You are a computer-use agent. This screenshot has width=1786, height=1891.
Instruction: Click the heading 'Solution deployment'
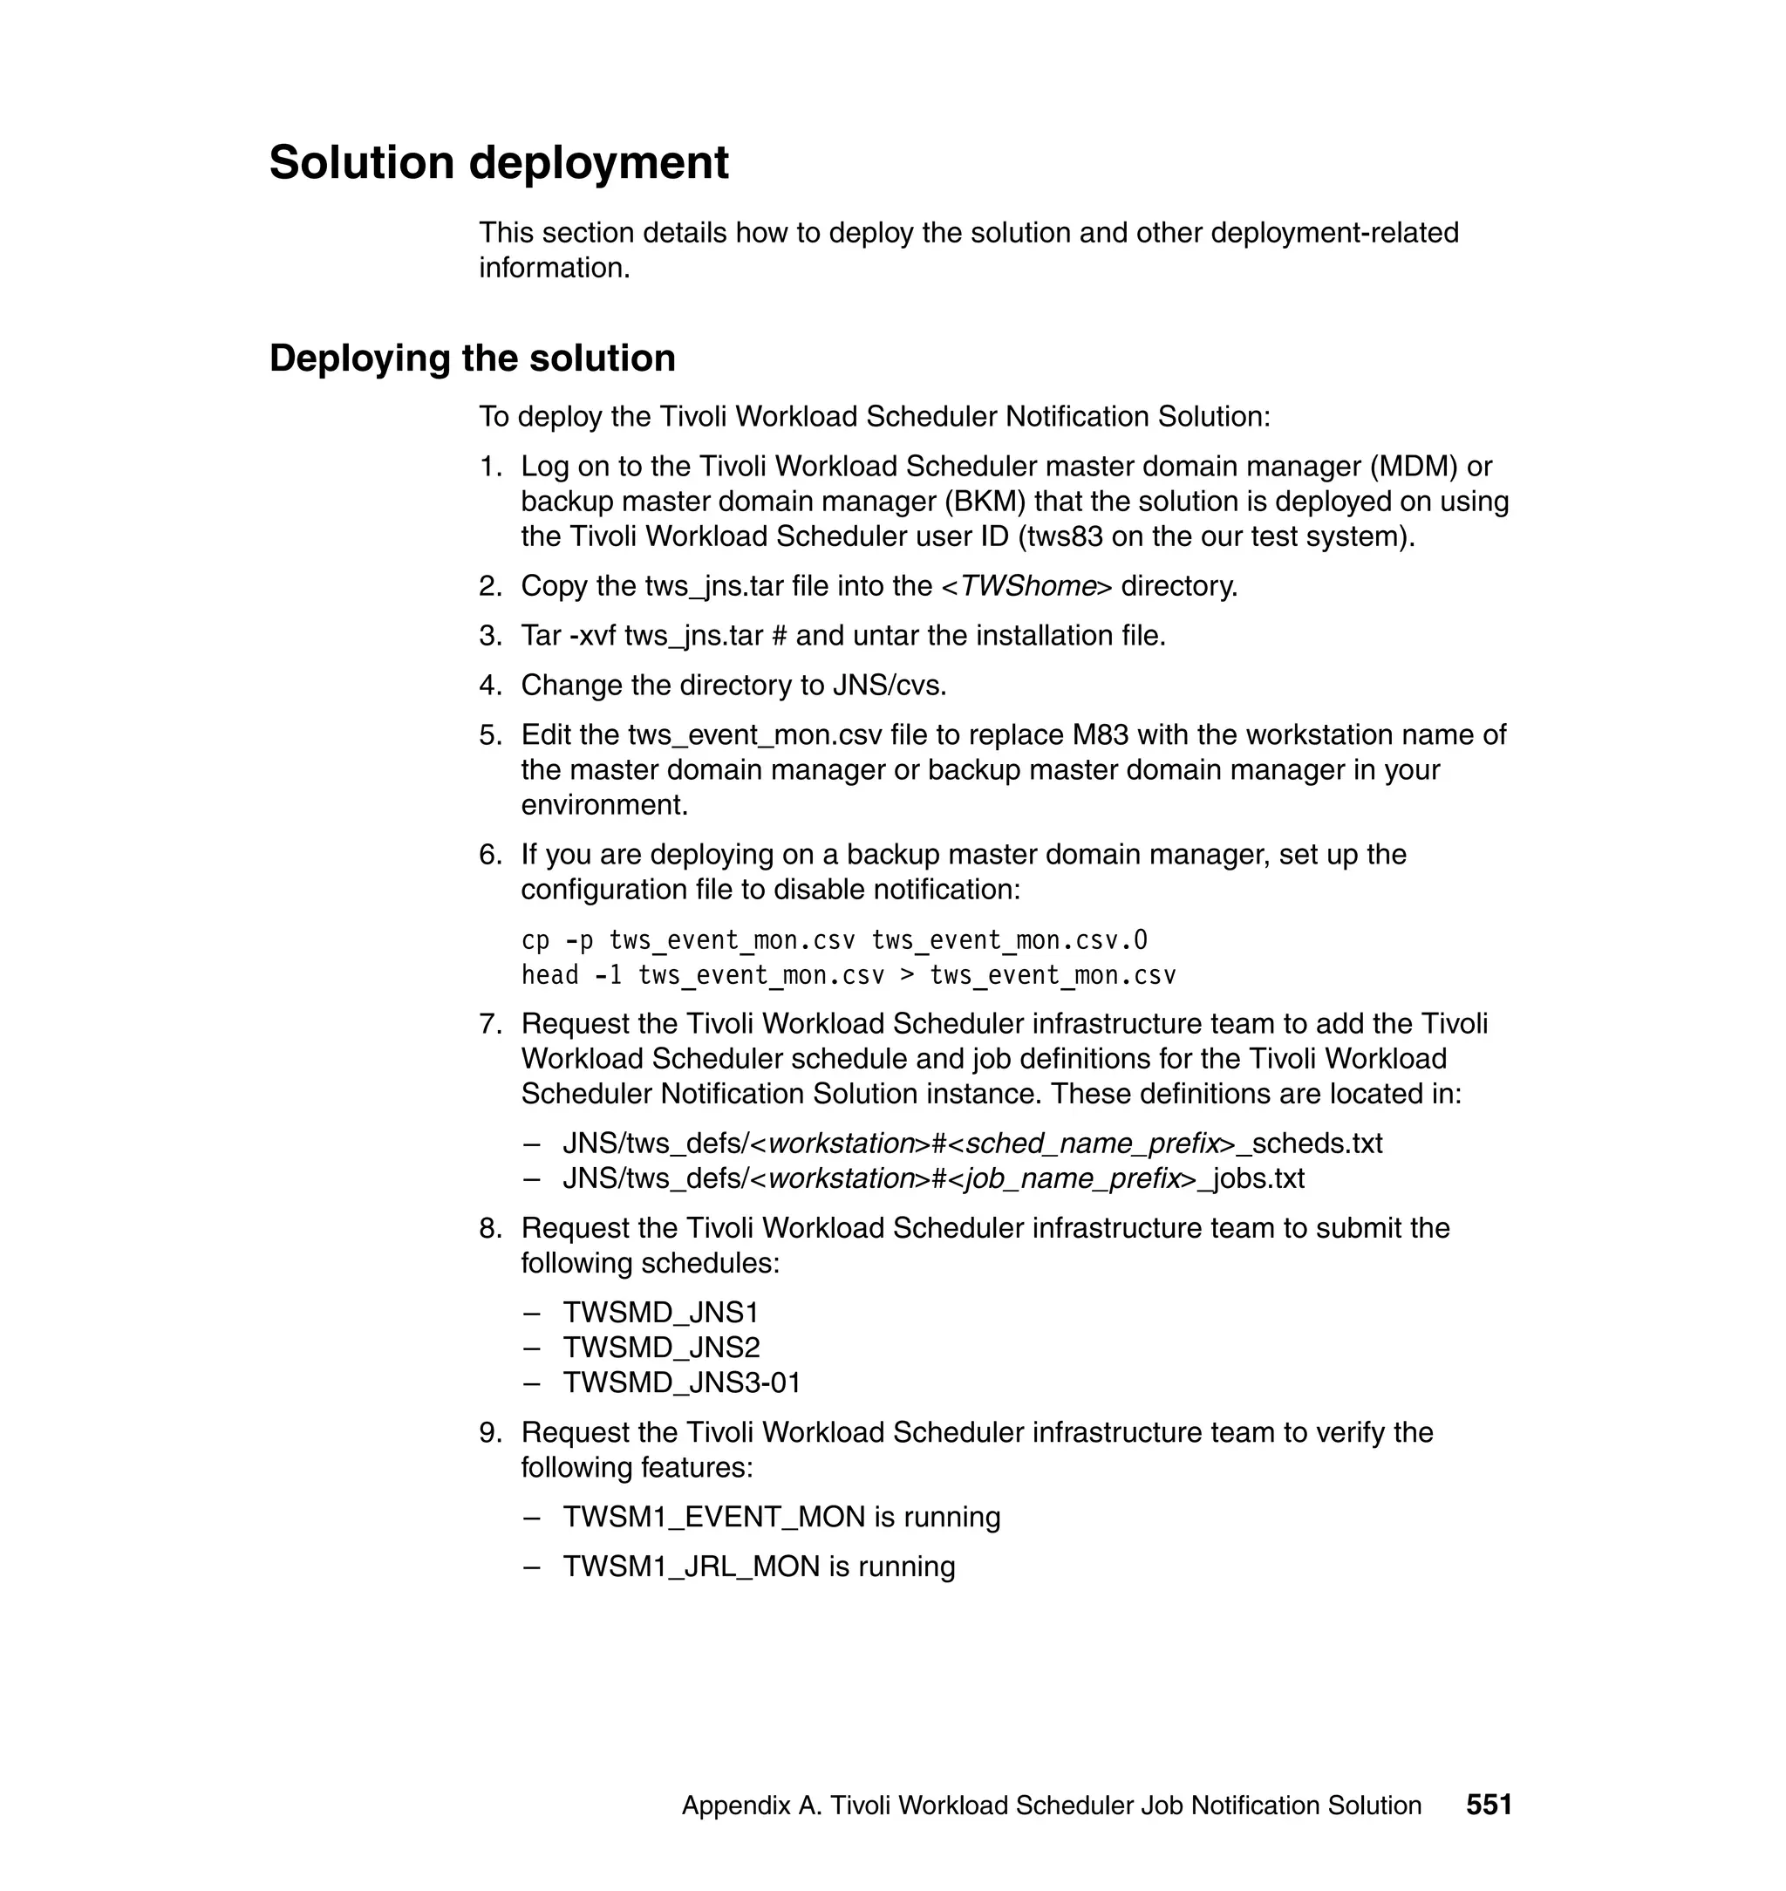(499, 162)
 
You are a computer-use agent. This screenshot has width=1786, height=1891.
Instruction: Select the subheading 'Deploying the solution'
(472, 358)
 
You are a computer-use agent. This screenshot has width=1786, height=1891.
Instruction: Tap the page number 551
(1489, 1805)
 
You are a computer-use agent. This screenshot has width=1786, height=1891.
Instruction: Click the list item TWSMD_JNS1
(661, 1312)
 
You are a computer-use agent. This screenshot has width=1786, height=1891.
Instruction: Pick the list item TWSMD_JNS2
(661, 1348)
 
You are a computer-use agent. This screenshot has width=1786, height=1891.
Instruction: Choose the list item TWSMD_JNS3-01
(682, 1382)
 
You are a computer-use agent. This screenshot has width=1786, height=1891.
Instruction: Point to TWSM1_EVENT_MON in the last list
(714, 1516)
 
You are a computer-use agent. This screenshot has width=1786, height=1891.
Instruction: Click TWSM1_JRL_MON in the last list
(692, 1567)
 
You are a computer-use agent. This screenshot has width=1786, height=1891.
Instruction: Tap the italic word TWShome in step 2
(1028, 585)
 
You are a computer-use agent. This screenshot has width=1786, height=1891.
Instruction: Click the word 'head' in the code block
(549, 975)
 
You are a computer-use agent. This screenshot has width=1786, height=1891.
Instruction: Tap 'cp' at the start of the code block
(535, 941)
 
